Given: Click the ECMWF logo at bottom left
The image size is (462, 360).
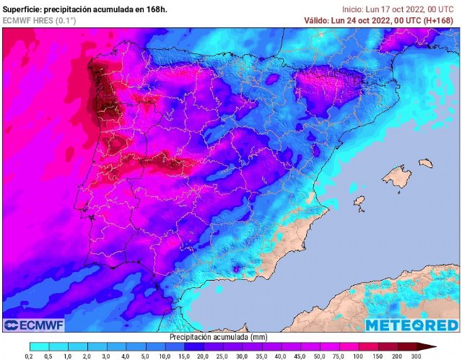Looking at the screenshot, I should tap(34, 325).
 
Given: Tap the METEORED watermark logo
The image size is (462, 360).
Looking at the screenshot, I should tap(411, 325).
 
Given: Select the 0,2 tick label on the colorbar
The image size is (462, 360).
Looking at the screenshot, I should tap(28, 356).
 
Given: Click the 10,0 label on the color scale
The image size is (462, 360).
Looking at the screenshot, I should tap(165, 356).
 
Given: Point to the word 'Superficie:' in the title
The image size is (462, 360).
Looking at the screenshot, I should tap(22, 8).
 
